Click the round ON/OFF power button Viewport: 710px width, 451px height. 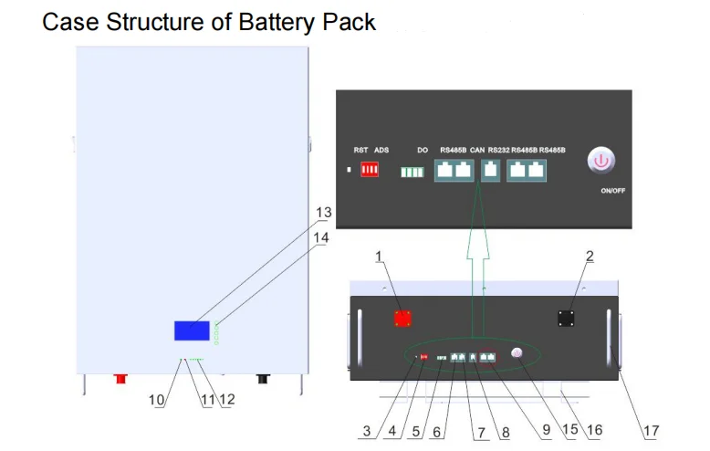click(600, 162)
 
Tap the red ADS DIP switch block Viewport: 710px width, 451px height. click(370, 170)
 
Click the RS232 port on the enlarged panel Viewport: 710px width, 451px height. click(490, 169)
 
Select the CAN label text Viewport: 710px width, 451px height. click(476, 149)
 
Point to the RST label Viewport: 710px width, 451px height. click(360, 149)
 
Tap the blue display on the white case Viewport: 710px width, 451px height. click(193, 330)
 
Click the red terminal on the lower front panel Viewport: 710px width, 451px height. click(402, 318)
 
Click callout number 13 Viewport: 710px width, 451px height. click(323, 212)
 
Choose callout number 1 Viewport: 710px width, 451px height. click(379, 257)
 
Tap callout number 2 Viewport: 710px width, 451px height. click(589, 257)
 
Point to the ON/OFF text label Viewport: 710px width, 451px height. click(612, 192)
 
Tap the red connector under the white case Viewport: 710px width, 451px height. click(119, 376)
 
